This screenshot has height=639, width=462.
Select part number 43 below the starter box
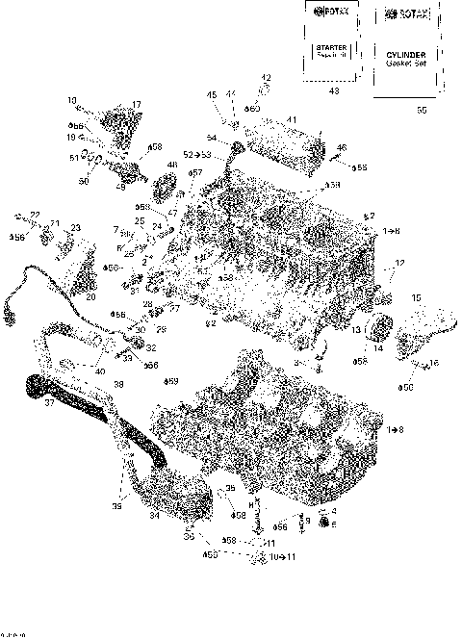pyautogui.click(x=333, y=90)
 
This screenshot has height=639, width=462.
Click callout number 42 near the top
pyautogui.click(x=267, y=77)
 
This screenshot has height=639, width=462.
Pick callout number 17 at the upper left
pyautogui.click(x=136, y=104)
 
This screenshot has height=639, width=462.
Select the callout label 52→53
pyautogui.click(x=197, y=154)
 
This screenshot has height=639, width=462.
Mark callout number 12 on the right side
pyautogui.click(x=398, y=263)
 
